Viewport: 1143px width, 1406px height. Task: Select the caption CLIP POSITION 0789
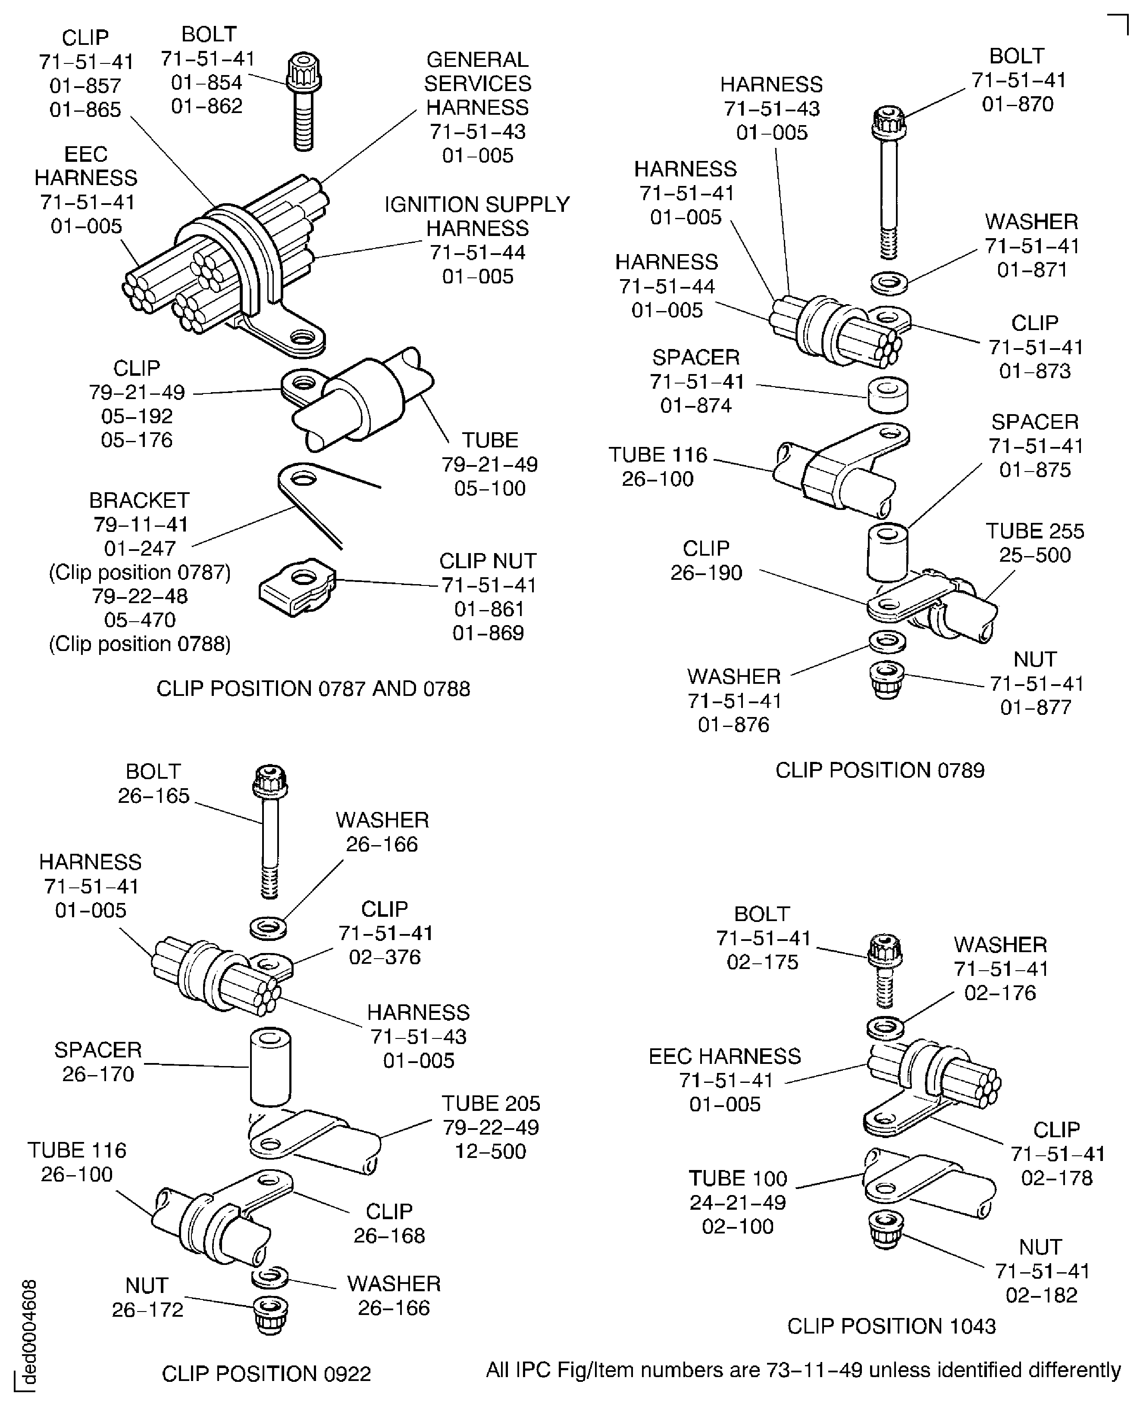tap(880, 770)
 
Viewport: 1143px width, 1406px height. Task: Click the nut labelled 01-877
tap(886, 681)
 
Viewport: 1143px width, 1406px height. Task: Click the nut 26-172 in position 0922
tap(271, 1315)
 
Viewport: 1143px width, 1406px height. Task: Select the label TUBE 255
tap(1034, 531)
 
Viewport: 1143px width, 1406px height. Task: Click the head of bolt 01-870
tap(889, 122)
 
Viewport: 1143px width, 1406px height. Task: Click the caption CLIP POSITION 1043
tap(891, 1326)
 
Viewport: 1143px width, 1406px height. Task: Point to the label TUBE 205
tap(491, 1103)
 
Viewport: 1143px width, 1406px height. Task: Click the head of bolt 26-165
tap(270, 780)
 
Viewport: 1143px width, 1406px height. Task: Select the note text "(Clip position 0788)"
tap(140, 644)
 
